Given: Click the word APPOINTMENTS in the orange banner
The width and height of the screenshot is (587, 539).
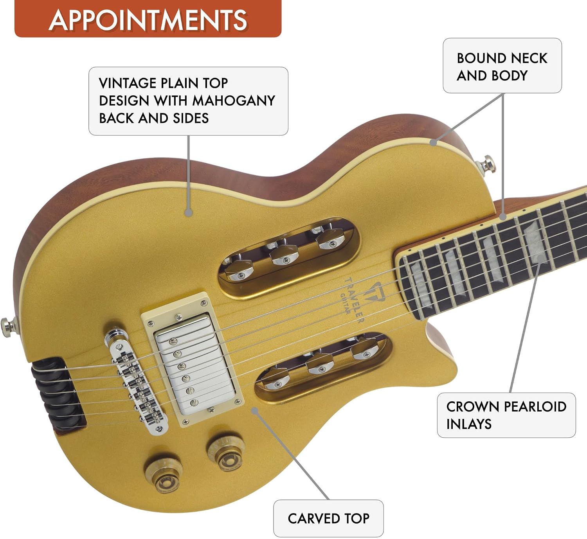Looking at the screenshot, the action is [x=148, y=20].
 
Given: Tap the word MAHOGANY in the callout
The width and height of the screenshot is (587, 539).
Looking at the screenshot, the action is [x=234, y=101].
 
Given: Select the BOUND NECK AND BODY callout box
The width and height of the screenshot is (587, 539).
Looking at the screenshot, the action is [x=502, y=66].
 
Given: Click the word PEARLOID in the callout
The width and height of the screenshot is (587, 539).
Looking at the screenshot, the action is [x=535, y=406].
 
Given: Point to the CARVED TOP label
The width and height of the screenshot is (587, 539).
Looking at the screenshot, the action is [x=328, y=519].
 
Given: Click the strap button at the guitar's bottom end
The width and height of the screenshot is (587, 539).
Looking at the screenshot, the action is [x=9, y=327].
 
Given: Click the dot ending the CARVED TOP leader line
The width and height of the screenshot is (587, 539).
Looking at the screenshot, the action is [x=255, y=411].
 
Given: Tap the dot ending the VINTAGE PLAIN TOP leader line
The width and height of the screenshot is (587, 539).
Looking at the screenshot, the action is [x=189, y=213].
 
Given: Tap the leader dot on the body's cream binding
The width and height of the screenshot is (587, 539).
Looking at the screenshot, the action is [x=433, y=143].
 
